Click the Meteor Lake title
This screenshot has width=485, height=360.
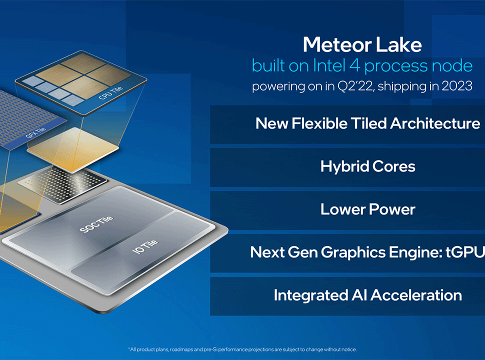click(x=362, y=45)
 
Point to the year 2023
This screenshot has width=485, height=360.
click(x=457, y=86)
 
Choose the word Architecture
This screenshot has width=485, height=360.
click(x=435, y=123)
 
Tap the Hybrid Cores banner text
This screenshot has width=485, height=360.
click(x=368, y=166)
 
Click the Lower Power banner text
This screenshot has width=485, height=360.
click(x=368, y=209)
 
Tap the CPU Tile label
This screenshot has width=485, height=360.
click(x=110, y=93)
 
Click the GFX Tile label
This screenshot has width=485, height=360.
click(x=35, y=132)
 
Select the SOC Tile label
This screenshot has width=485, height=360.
click(x=96, y=224)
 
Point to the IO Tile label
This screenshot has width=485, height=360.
click(x=145, y=246)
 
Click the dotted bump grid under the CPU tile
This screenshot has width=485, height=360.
click(x=62, y=184)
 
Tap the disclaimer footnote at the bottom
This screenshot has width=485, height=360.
click(x=242, y=349)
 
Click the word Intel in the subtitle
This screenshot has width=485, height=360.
click(x=329, y=65)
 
